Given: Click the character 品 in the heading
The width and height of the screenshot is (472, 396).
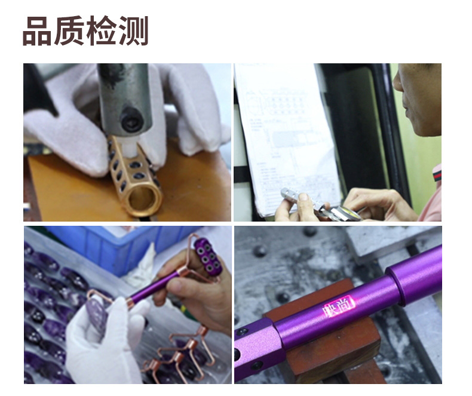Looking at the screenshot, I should point(38,32).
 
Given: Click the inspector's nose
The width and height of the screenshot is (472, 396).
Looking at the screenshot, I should point(399,84).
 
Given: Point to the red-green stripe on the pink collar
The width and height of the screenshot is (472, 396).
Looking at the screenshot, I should point(435,176).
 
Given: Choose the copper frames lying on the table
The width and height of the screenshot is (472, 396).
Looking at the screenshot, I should point(179,358).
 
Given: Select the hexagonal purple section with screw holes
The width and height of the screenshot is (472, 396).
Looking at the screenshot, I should point(254,352).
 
